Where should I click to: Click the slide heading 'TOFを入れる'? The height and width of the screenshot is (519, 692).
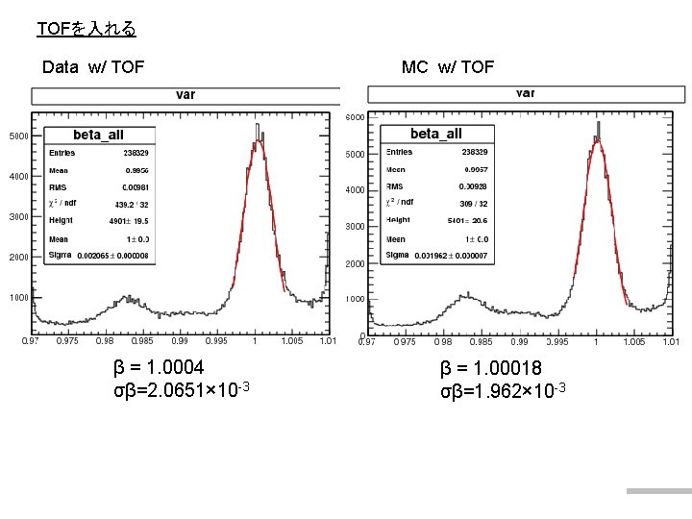86,29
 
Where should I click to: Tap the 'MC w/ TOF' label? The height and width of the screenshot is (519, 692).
447,66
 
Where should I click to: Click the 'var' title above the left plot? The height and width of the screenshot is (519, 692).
185,95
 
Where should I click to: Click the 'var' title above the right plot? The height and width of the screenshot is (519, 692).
526,93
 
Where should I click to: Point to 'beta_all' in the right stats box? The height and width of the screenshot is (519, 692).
435,134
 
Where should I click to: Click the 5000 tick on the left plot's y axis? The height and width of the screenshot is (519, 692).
18,136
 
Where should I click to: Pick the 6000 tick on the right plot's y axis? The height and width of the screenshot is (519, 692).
354,118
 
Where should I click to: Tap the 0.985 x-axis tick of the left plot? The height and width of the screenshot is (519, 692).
141,341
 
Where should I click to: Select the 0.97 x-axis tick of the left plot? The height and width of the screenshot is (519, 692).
32,341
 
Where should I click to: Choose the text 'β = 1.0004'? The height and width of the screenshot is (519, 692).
159,367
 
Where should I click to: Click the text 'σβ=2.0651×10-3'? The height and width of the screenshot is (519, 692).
182,389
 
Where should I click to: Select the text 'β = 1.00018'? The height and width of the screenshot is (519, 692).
491,368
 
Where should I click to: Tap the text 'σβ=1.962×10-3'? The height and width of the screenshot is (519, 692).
503,390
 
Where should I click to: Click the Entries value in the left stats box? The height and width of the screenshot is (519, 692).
136,152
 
